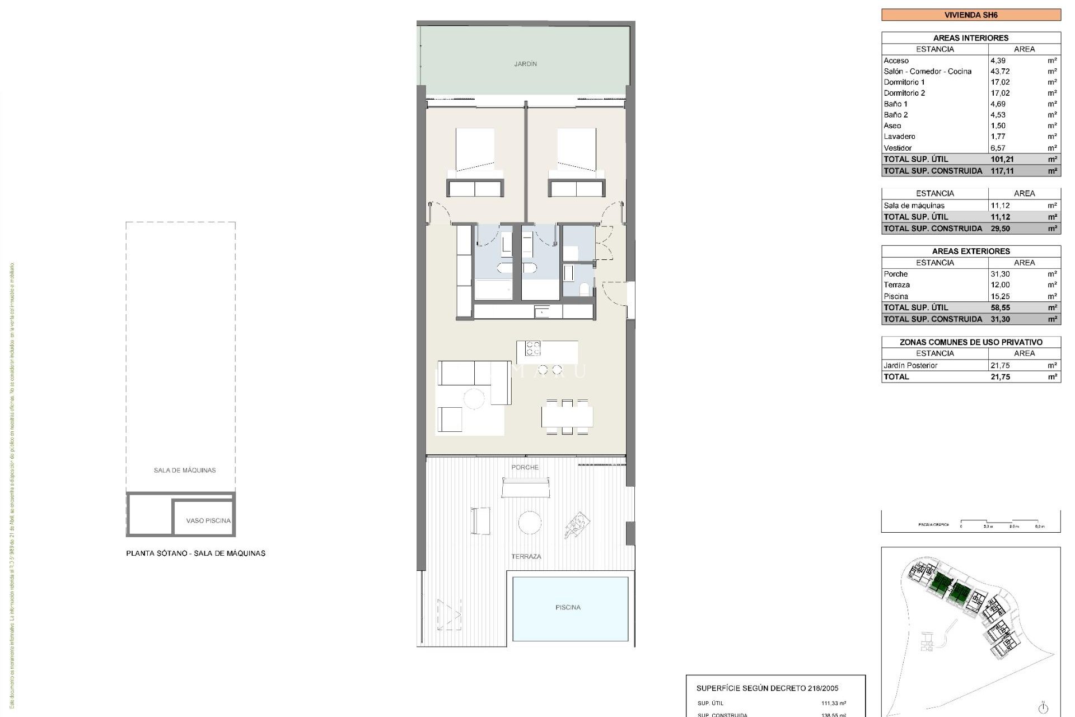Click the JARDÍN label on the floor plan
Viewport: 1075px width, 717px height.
point(525,64)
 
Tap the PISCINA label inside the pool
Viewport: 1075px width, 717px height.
point(568,607)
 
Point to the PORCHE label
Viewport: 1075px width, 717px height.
point(525,467)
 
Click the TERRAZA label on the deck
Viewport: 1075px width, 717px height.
point(526,556)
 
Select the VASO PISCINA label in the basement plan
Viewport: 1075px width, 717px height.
point(208,520)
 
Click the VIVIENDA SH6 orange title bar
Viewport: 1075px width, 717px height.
point(970,15)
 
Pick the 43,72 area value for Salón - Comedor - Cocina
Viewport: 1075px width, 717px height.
point(1000,71)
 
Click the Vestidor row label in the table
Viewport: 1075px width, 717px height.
point(898,148)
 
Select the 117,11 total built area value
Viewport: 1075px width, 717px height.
point(1002,171)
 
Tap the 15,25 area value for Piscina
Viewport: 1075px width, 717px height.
point(1000,296)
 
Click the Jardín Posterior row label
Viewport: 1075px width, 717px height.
point(910,365)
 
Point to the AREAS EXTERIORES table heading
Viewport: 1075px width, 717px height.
point(970,251)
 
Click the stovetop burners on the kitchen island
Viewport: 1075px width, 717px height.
point(532,348)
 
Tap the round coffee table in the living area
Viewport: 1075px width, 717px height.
point(474,399)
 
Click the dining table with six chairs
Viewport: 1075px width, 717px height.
point(567,417)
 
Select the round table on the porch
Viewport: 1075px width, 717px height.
point(529,523)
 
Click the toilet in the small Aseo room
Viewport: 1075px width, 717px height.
point(584,289)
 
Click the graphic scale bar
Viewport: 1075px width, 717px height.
point(999,523)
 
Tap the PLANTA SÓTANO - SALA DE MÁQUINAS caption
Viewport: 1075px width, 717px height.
point(195,553)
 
